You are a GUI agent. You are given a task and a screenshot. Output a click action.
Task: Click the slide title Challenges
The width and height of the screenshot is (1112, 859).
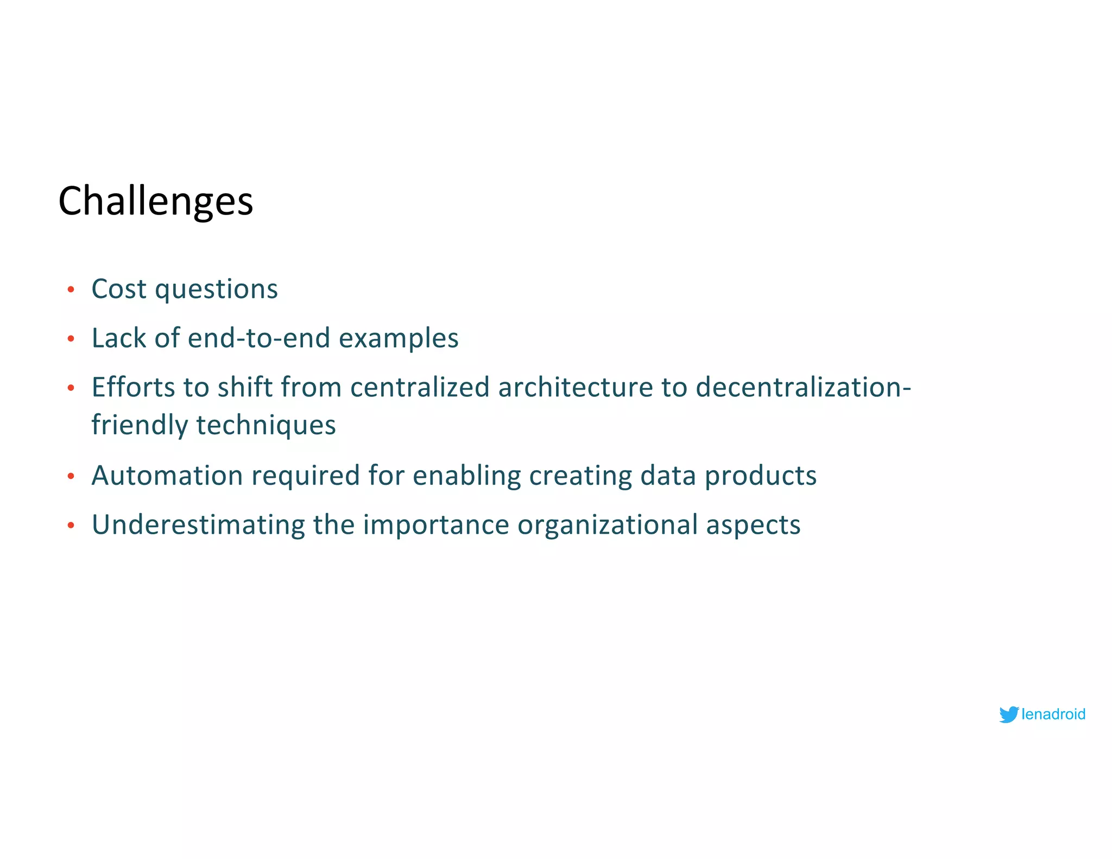[156, 201]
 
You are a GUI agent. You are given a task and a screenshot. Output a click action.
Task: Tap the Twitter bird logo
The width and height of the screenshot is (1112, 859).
[1008, 714]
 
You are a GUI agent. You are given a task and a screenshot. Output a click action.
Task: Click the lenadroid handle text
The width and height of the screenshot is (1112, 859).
[1053, 714]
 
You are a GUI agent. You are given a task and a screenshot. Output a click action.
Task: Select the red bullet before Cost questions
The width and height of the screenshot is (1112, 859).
[71, 290]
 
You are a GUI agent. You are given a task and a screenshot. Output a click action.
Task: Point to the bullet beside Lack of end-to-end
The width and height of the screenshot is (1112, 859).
[71, 339]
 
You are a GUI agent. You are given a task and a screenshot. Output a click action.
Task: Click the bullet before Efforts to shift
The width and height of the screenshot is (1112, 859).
[71, 388]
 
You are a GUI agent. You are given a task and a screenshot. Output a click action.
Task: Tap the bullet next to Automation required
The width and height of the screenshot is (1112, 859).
[71, 477]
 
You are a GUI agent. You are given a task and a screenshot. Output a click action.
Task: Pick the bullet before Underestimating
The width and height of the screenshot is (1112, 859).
[71, 526]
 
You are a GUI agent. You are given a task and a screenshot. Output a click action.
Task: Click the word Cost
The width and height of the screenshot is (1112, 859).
[119, 289]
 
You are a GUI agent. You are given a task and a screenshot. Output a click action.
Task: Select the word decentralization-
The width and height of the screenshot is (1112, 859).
[803, 388]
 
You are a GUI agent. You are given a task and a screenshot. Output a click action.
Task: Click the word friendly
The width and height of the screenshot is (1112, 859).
[140, 425]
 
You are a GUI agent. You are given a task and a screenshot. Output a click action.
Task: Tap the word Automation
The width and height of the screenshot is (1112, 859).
[167, 476]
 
